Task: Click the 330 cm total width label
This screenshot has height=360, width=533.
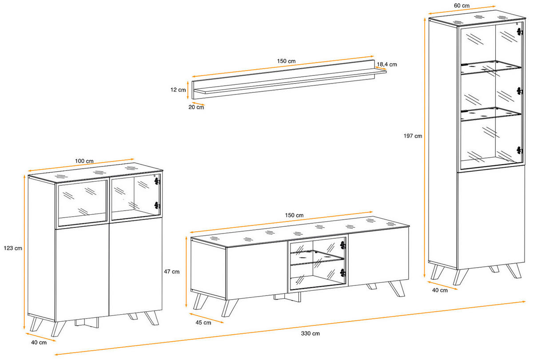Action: (x=310, y=333)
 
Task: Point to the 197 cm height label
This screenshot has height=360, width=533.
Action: (x=413, y=136)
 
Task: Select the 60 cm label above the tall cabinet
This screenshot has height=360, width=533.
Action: (x=461, y=6)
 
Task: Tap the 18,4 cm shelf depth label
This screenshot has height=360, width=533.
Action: (x=387, y=64)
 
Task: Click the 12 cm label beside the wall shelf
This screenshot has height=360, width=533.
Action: (x=178, y=90)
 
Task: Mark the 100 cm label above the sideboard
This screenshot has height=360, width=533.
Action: (x=84, y=160)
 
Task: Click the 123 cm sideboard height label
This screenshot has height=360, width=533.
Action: (x=12, y=248)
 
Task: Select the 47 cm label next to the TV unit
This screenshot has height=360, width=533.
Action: (x=172, y=271)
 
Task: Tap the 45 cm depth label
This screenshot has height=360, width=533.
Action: (x=204, y=323)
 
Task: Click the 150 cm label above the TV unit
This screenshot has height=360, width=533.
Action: (x=294, y=215)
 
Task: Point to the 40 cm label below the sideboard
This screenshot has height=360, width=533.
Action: (x=39, y=343)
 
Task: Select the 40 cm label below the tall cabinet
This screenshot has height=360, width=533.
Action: (x=439, y=291)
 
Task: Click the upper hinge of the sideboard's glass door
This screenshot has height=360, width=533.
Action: (x=156, y=181)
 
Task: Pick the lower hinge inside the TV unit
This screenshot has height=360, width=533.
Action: (x=342, y=272)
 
